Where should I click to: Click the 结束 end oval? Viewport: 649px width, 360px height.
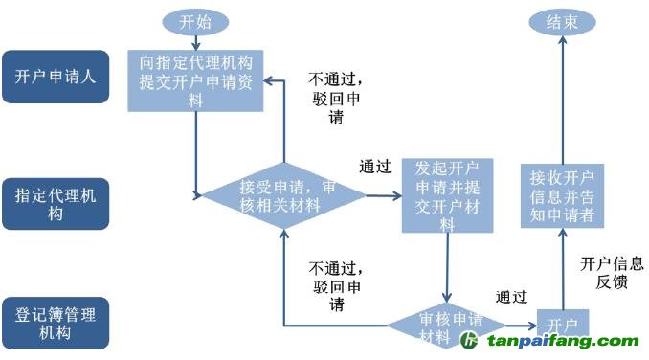(562, 21)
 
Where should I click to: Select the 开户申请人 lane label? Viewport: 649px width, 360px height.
(55, 78)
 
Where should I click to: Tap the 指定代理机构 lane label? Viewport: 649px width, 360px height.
(55, 203)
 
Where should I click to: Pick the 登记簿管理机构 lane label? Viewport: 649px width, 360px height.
(55, 323)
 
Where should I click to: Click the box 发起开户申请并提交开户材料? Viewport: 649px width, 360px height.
(447, 195)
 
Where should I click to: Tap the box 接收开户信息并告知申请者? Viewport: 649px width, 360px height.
(562, 196)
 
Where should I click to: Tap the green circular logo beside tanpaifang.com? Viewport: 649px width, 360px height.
(470, 342)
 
